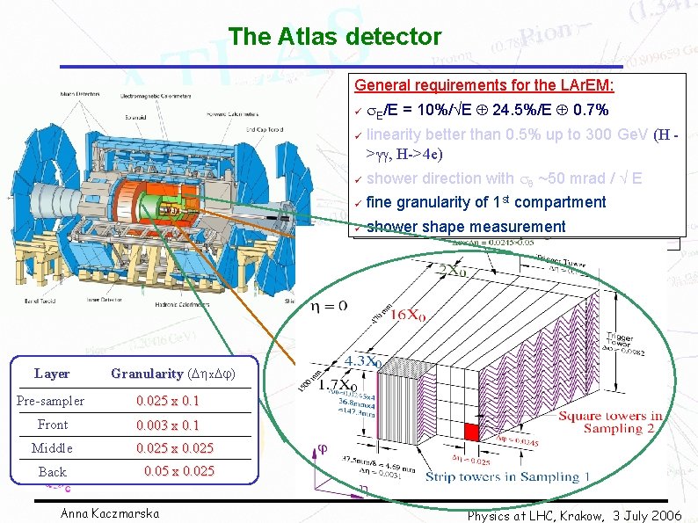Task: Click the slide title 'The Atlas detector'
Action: (x=334, y=37)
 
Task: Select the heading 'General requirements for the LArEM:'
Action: (x=484, y=85)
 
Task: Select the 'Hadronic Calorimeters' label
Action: (x=203, y=300)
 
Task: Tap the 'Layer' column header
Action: (x=52, y=374)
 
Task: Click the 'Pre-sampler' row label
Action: (x=51, y=401)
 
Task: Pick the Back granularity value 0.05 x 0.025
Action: (x=178, y=471)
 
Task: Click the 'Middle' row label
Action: (x=52, y=448)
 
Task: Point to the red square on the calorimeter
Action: (x=471, y=432)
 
